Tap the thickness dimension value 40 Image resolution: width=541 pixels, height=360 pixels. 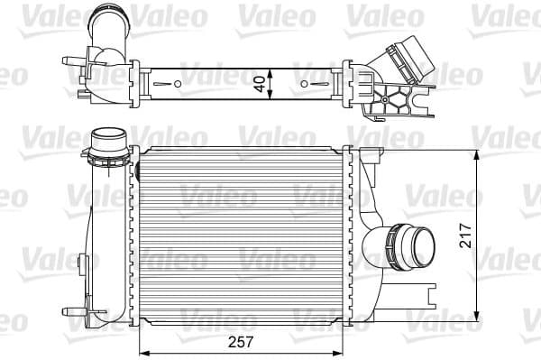pos(260,85)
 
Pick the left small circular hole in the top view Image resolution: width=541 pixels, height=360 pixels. pos(178,86)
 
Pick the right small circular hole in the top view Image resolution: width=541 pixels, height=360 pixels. pos(303,86)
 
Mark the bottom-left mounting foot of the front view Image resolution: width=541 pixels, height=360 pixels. pos(87,317)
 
